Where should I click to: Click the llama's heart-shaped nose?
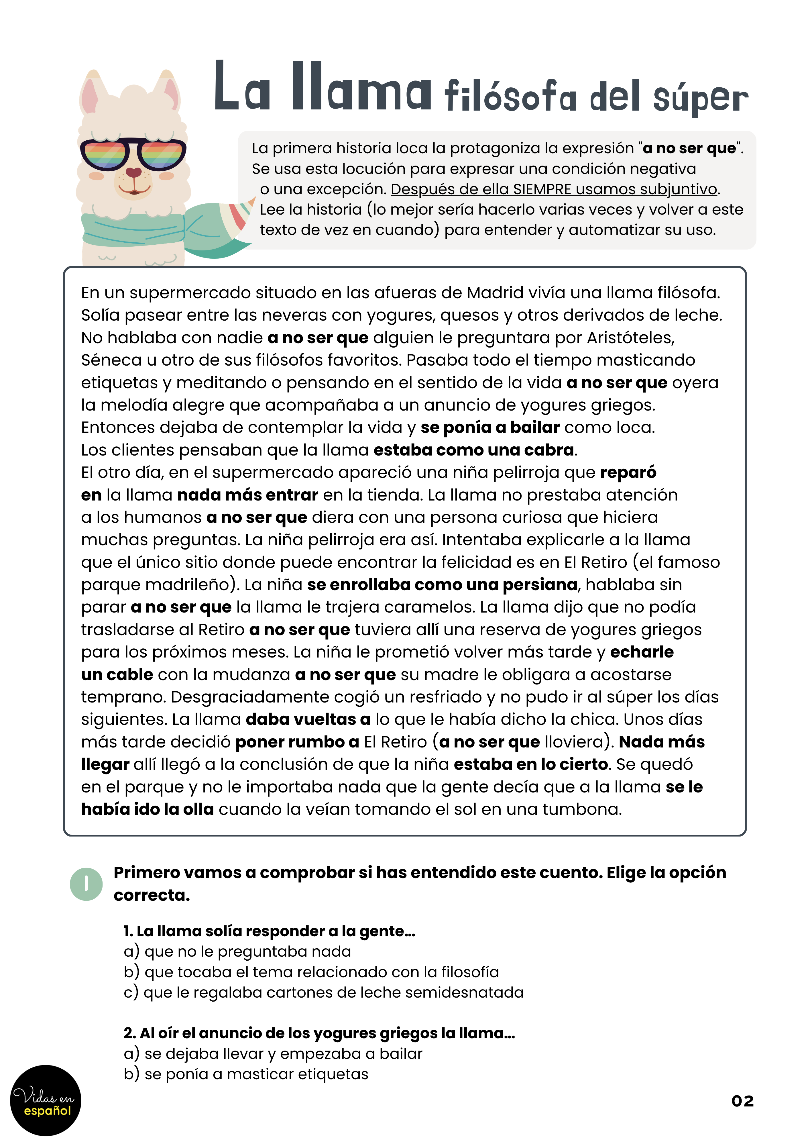point(133,172)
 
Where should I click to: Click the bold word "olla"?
point(198,809)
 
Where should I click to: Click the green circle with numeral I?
point(86,884)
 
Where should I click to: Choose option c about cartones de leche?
point(323,992)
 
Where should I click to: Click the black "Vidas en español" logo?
point(46,1100)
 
